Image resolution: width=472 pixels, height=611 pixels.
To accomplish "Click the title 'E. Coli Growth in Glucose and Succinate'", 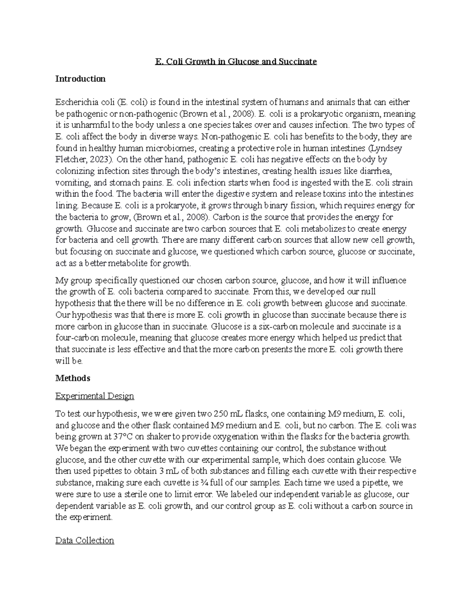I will (236, 62).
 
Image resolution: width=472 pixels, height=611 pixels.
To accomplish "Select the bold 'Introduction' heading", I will (80, 79).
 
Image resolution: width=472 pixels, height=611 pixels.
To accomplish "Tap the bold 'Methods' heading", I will (73, 378).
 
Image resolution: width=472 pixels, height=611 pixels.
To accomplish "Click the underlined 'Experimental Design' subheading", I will (95, 396).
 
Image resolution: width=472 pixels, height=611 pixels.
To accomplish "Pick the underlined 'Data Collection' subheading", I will (85, 540).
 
